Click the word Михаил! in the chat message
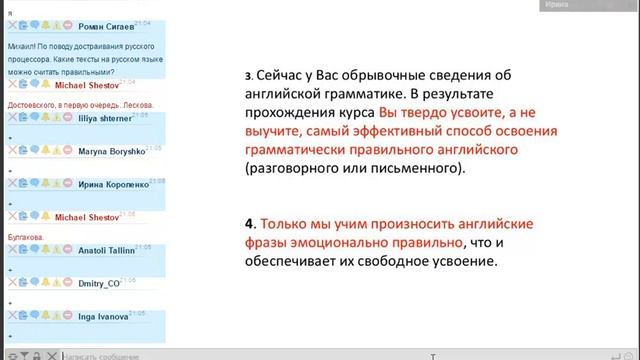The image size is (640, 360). tap(23, 46)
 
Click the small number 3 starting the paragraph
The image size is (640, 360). tap(248, 76)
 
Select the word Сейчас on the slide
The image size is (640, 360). tap(284, 75)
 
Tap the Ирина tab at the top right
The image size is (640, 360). tap(556, 5)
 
